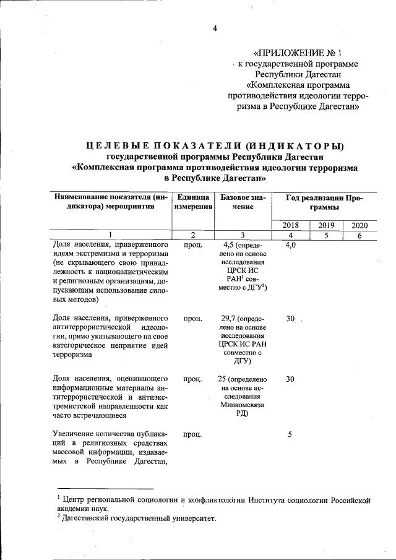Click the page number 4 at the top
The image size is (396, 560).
click(215, 28)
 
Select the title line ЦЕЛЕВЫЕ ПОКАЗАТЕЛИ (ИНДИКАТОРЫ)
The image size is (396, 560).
click(214, 145)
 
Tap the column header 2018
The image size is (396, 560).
click(290, 225)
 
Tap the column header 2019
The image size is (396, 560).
click(325, 225)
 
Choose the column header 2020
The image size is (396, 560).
click(359, 225)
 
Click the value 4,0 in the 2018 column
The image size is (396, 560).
click(290, 246)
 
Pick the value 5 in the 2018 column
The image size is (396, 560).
click(290, 434)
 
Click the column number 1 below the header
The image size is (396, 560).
click(110, 235)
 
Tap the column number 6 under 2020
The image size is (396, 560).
click(359, 235)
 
